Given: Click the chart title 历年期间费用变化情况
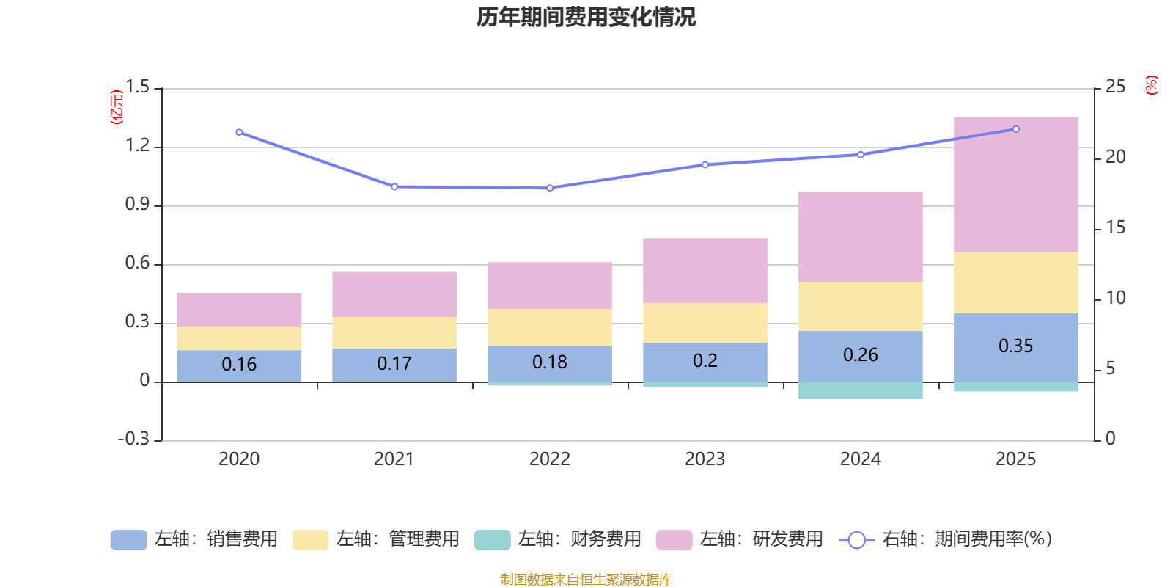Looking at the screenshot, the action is [586, 18].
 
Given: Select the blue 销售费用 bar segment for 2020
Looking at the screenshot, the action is [239, 366].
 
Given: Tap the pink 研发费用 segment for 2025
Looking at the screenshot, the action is [1016, 185].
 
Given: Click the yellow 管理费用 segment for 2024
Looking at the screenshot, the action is [861, 306].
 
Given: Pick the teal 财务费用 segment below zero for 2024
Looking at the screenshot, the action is [861, 390].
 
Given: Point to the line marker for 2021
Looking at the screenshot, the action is [394, 186].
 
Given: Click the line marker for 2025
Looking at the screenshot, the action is [1016, 129].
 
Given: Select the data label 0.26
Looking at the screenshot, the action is [861, 355].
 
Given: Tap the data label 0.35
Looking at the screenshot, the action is [1016, 346].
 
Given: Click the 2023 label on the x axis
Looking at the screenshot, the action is [705, 459].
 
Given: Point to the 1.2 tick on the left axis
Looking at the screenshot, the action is [137, 145].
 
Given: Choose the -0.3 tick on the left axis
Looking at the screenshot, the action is [134, 439].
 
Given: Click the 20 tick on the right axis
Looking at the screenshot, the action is [1115, 157].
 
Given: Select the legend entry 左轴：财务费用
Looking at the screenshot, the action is [558, 539].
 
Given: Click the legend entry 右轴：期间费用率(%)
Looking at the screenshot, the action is [945, 539].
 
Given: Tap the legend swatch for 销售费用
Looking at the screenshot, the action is [128, 540].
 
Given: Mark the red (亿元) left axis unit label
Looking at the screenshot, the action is [117, 107].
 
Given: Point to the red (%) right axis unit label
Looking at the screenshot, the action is [1151, 85].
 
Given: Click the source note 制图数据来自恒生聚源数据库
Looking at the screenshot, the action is [586, 579].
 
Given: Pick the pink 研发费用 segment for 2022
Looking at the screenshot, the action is [550, 285].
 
